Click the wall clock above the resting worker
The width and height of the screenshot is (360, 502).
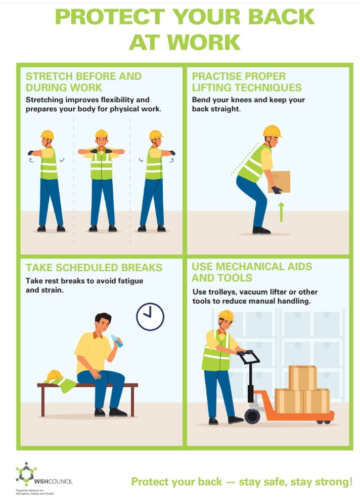tap(150, 317)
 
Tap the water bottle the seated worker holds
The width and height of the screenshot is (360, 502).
tap(117, 341)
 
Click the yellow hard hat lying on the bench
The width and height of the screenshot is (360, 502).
tap(55, 375)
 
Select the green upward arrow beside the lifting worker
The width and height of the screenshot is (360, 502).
tap(281, 212)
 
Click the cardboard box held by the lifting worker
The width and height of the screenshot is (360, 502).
tap(280, 182)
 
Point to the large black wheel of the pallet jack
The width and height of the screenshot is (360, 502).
tap(252, 416)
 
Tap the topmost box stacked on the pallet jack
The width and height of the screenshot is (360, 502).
tap(303, 378)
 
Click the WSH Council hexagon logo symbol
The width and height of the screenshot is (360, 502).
tap(26, 474)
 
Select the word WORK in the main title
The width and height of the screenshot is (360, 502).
tap(204, 42)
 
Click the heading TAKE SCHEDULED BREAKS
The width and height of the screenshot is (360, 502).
tap(94, 267)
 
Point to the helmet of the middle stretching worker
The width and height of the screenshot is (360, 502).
tap(102, 133)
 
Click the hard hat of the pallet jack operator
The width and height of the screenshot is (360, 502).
tap(226, 315)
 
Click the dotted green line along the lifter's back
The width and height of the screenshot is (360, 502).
tap(245, 159)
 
